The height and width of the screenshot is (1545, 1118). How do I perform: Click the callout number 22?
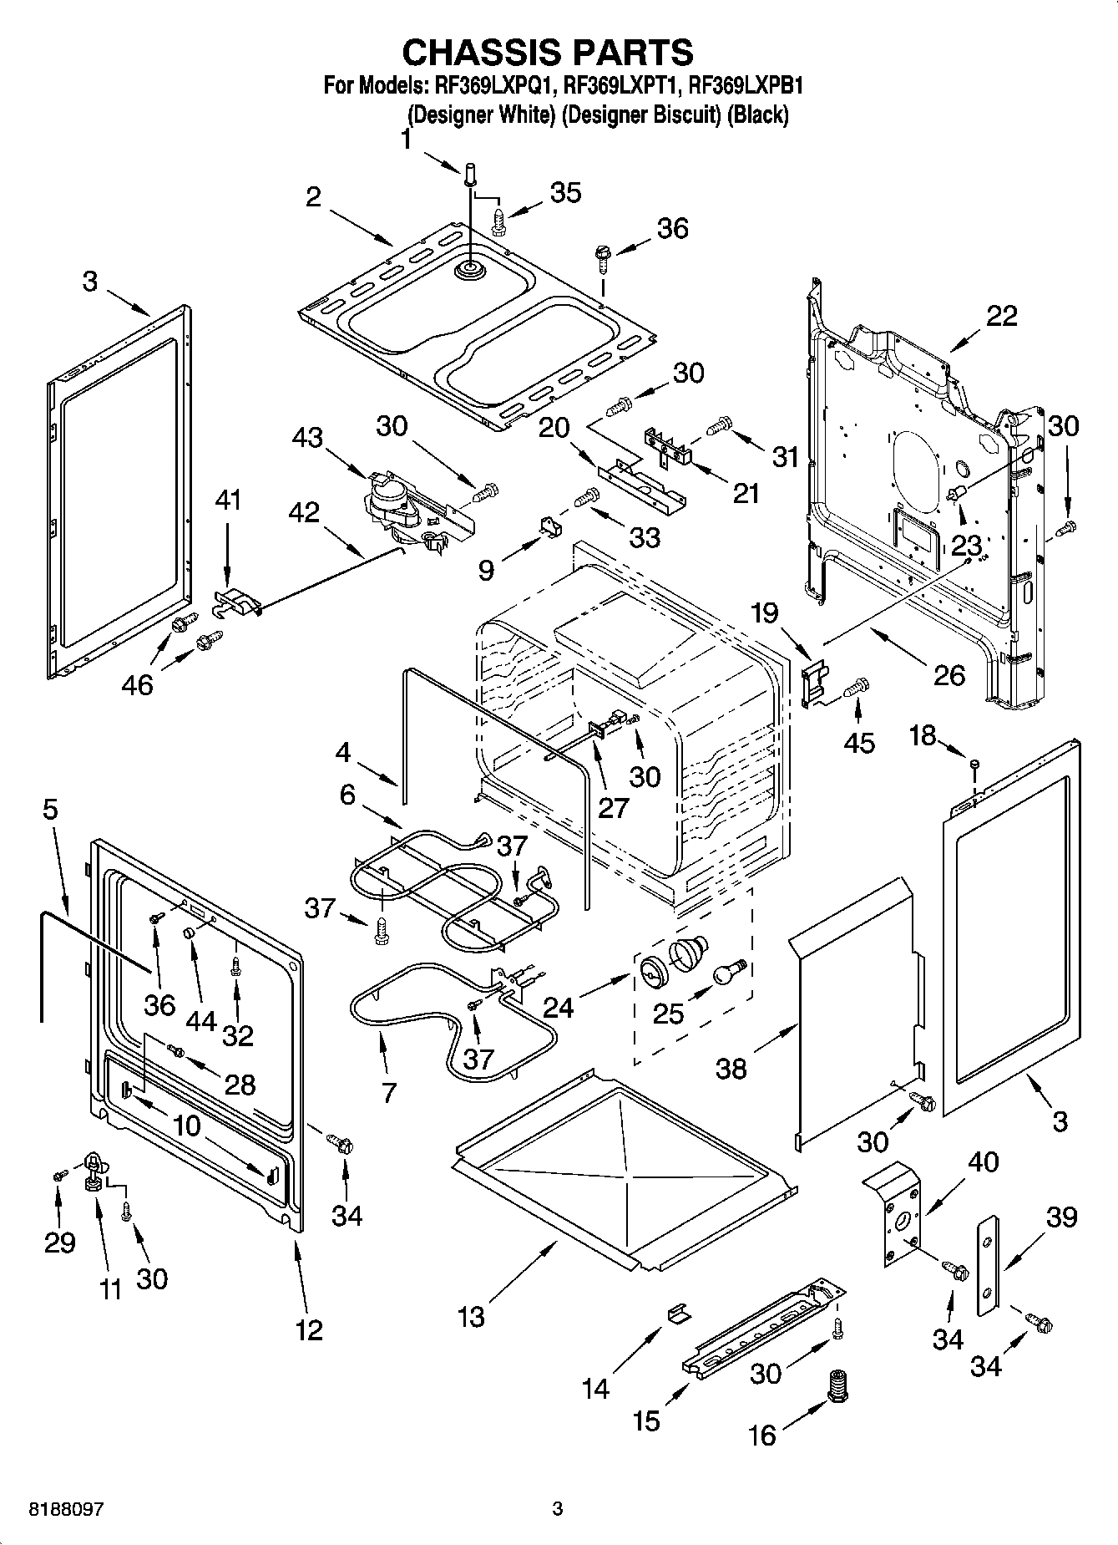point(1002,316)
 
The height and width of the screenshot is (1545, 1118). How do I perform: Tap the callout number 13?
point(471,1317)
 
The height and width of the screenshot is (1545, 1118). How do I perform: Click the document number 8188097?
point(66,1509)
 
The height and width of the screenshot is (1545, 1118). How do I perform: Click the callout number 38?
point(731,1068)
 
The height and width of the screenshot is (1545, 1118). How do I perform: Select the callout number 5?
point(51,810)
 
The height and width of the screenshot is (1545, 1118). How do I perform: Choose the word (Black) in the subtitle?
point(757,114)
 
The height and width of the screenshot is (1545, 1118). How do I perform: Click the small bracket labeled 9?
point(549,526)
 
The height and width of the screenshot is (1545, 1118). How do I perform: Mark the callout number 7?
point(388,1092)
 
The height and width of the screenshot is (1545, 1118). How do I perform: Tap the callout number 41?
point(228,501)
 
